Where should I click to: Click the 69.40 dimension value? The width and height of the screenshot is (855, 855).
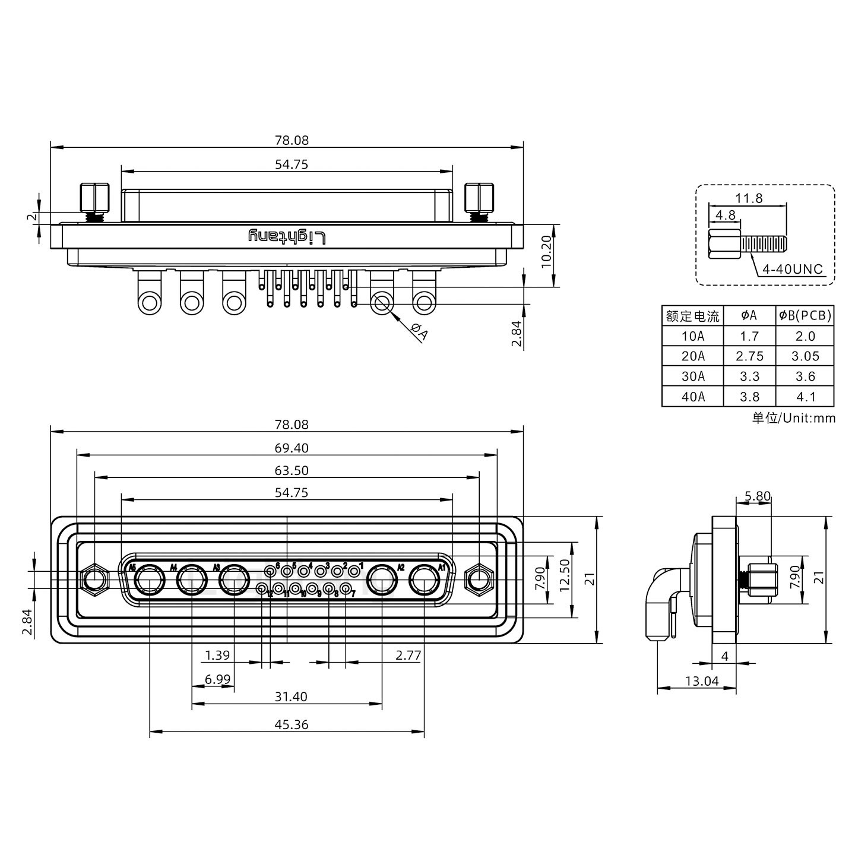[292, 448]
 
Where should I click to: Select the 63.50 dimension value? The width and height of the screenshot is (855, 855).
[292, 470]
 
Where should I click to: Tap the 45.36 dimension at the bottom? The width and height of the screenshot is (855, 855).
[292, 724]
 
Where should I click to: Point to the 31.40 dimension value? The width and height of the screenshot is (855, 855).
[292, 696]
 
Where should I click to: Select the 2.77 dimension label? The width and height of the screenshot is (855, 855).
[408, 655]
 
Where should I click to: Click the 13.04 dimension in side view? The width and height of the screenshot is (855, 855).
[702, 681]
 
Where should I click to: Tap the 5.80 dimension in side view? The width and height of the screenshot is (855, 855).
[757, 496]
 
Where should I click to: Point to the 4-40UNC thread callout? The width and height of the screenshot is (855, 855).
[793, 269]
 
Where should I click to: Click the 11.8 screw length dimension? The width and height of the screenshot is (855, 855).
[749, 198]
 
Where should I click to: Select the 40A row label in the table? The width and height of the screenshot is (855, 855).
[693, 397]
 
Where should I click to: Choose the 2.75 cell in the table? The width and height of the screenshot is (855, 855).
[749, 356]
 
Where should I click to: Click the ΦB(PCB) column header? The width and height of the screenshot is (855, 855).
[805, 316]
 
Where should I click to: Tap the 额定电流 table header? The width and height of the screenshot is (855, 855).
[693, 316]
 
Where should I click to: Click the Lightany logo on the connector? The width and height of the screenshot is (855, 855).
[287, 237]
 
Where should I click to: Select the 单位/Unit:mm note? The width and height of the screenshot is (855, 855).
[793, 418]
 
